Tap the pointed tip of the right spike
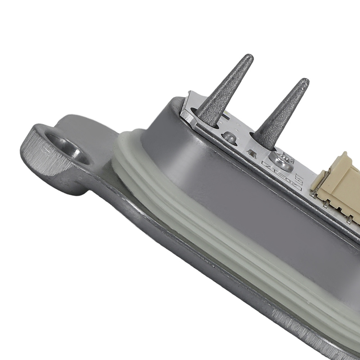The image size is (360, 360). [305, 81]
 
